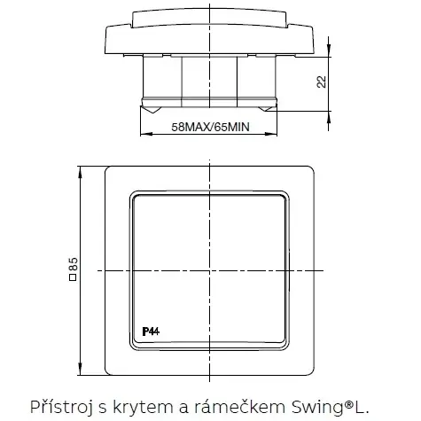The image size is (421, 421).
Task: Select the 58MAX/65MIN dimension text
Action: pos(209,128)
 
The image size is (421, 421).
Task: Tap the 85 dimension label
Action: pos(74,268)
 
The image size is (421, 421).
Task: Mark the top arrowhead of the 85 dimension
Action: pos(82,169)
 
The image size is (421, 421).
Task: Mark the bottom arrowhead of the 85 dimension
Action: pos(82,370)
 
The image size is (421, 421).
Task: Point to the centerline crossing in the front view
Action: pos(210,269)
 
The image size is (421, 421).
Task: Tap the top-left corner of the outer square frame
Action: pos(107,166)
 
